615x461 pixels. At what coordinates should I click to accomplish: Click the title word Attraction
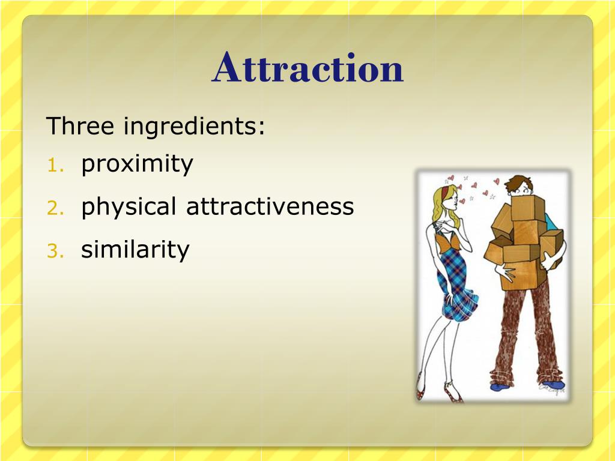coord(307,68)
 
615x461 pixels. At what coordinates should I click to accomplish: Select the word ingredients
coord(194,127)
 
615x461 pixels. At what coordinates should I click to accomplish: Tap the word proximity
coord(137,164)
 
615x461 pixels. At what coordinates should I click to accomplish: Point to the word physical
coord(129,207)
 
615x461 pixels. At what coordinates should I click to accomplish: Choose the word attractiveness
coord(270,206)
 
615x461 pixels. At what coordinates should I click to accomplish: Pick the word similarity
coord(135,249)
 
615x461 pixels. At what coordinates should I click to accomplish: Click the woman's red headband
coord(444,193)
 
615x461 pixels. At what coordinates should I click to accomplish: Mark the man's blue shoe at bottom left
coord(500,387)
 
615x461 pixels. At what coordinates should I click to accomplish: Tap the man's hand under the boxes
coord(506,273)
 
